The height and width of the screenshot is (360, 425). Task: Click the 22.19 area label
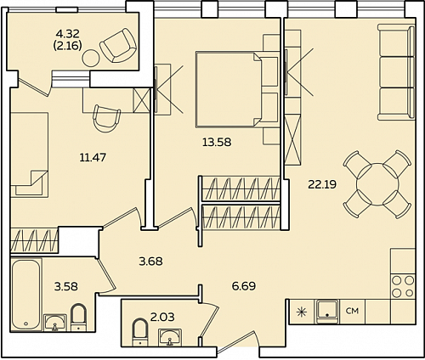point(322,185)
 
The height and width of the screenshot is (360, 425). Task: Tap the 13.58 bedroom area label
point(217,142)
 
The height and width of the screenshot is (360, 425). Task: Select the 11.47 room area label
point(93,157)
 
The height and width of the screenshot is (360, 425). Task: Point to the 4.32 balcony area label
point(68,34)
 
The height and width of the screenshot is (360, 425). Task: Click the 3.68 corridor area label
point(150,262)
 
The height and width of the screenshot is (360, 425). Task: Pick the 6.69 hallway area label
point(244,286)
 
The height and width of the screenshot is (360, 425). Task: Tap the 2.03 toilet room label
point(162,317)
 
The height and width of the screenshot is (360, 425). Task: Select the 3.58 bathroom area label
point(66,286)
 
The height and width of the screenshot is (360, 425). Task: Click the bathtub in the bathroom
point(25,295)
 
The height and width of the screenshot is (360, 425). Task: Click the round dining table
point(377,184)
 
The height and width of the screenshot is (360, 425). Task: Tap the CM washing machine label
point(353,311)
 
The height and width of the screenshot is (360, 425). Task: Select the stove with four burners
point(403,286)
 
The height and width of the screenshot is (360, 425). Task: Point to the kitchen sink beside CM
point(327,311)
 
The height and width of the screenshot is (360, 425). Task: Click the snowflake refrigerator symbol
point(300,312)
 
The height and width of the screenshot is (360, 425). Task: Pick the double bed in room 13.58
point(237,89)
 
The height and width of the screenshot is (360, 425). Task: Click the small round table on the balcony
point(91,59)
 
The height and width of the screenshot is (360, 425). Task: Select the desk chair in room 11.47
point(106,118)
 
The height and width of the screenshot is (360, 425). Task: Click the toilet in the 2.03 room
point(140,332)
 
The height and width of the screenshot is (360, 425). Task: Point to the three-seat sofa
point(396,72)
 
